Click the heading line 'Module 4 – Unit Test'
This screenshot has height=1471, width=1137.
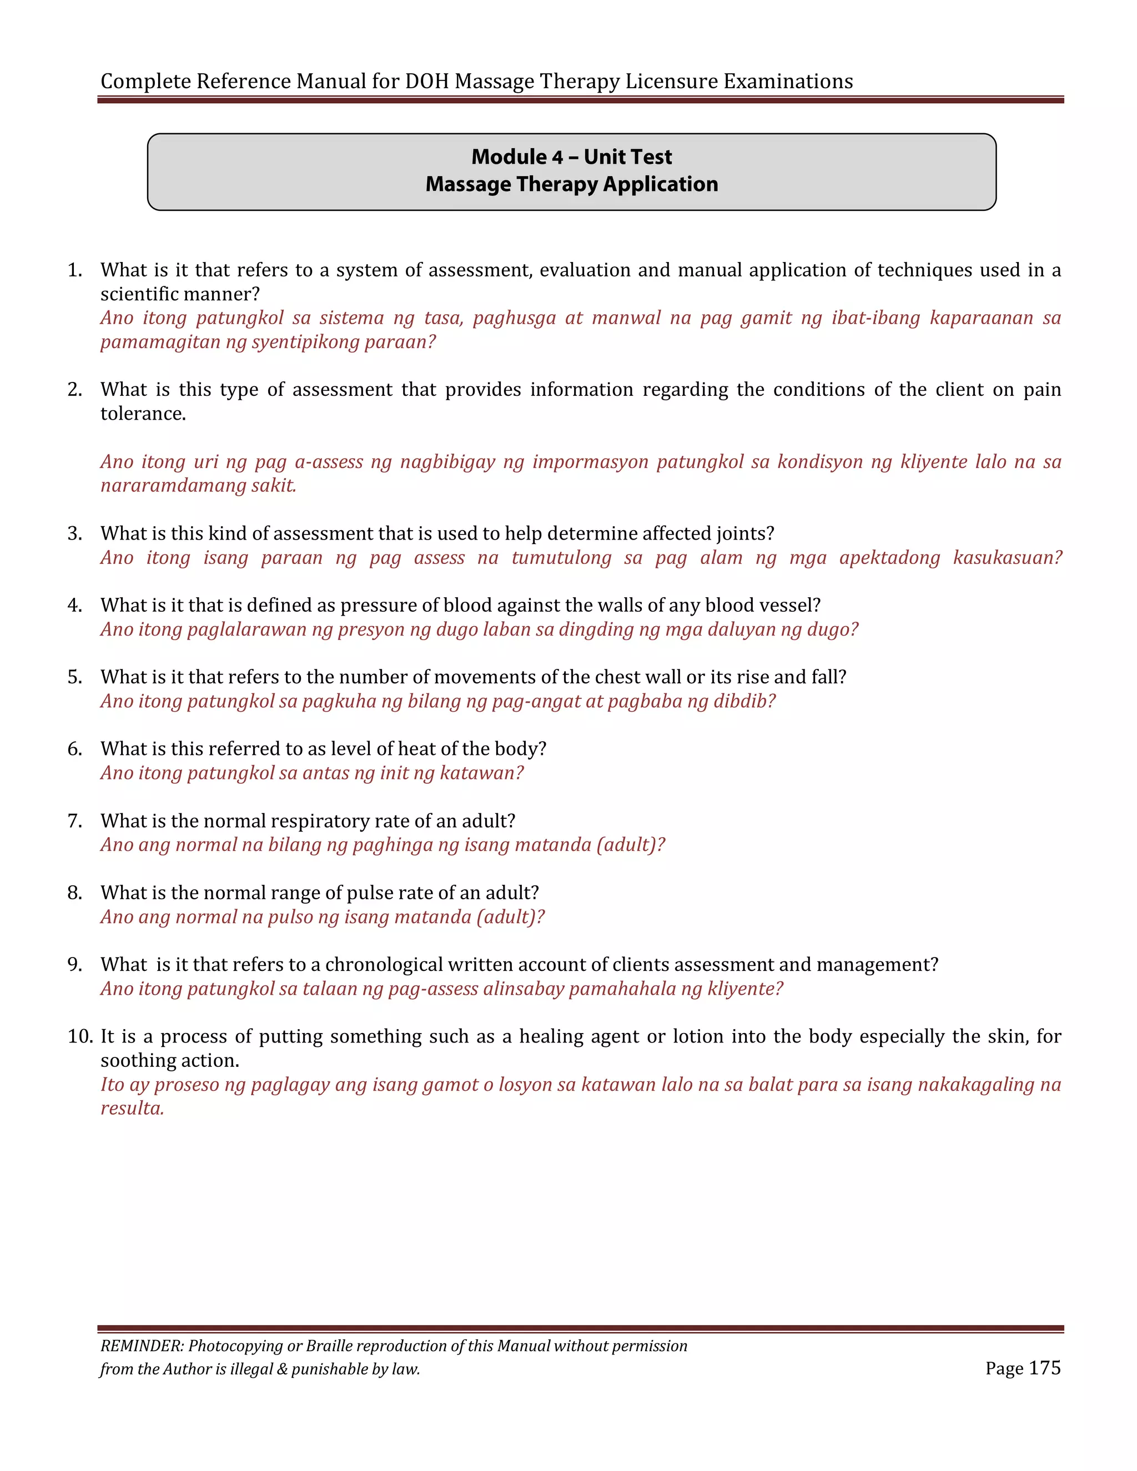click(571, 157)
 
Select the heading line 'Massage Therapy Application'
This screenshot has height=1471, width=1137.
click(571, 184)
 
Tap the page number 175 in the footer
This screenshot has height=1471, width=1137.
click(1045, 1368)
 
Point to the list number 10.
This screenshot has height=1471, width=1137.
click(80, 1036)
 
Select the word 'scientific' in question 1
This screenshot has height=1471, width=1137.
click(139, 294)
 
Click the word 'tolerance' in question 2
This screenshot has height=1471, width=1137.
click(142, 414)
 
